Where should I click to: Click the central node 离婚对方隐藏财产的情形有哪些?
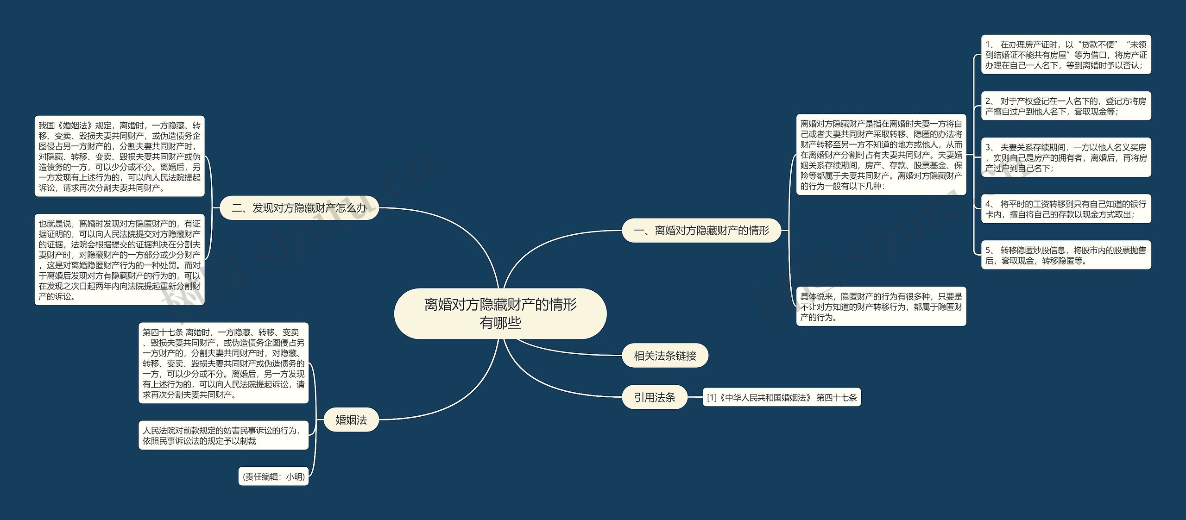coord(500,313)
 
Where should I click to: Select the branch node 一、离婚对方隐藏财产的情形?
coord(701,230)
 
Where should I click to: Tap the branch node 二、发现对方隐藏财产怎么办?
coord(299,208)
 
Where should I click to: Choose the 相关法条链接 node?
coord(665,356)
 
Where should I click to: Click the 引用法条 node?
coord(654,397)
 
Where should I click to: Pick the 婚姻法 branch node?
coord(351,420)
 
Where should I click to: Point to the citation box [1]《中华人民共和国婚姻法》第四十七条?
coord(782,397)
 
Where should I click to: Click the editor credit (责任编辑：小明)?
coord(274,476)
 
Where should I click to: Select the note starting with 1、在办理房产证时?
coord(1066,55)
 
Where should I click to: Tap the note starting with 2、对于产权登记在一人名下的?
coord(1066,106)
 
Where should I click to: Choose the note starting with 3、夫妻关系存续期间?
coord(1066,157)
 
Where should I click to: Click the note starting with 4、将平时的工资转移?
coord(1066,209)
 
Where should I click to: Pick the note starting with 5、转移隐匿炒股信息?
coord(1066,255)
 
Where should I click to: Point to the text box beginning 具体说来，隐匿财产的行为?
coord(881,307)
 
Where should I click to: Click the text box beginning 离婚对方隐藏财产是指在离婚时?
coord(881,155)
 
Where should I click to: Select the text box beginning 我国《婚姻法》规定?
coord(119,157)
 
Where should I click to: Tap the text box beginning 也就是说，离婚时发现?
coord(119,260)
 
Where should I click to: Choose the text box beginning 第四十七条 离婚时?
coord(223,363)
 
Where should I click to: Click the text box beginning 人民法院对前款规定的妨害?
coord(223,435)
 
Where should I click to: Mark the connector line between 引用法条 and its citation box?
coord(695,397)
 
